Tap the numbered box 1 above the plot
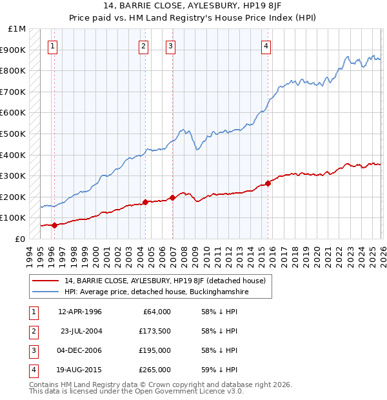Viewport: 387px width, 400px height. coord(52,46)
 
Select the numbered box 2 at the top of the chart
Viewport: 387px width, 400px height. coord(143,46)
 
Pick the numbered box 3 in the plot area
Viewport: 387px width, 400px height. coord(170,46)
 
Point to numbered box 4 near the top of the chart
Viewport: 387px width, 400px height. coord(266,46)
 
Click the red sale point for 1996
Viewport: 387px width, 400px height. coord(54,225)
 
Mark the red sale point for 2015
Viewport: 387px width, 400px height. coord(268,183)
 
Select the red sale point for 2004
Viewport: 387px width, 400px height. coord(145,202)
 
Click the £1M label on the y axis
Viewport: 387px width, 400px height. coord(17,29)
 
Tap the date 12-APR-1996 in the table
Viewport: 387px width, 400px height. coord(80,312)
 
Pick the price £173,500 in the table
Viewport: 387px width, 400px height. coord(154,331)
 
